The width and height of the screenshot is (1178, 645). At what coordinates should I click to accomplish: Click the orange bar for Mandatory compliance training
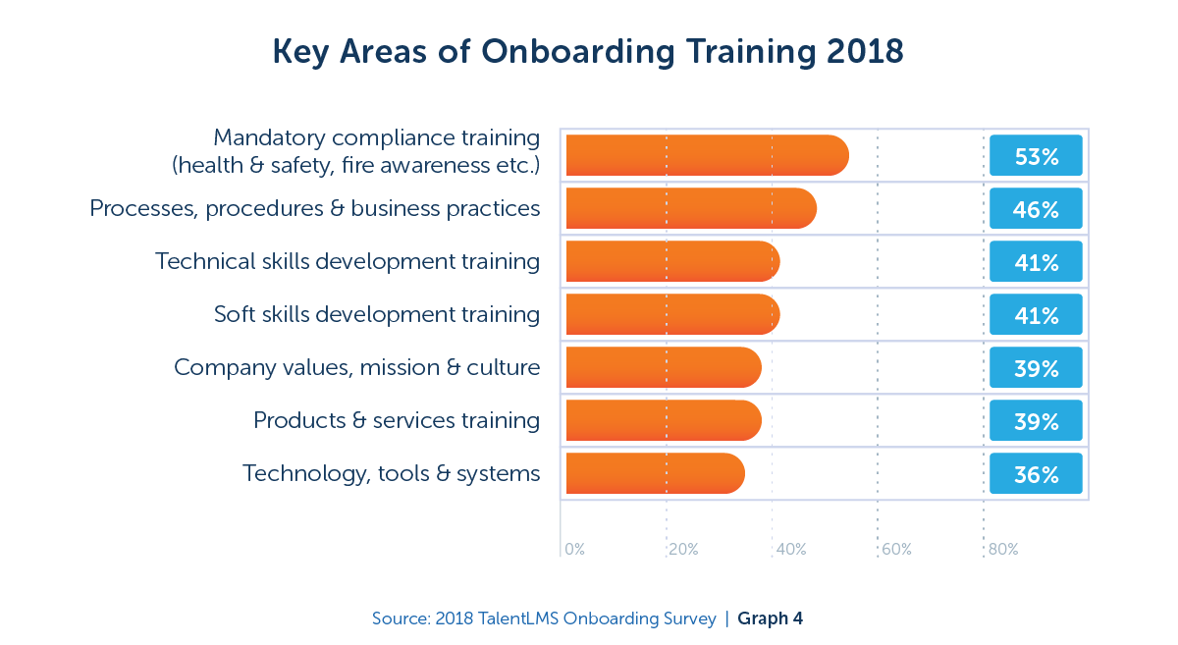click(x=707, y=155)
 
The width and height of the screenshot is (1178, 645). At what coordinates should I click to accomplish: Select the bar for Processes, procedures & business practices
click(x=690, y=208)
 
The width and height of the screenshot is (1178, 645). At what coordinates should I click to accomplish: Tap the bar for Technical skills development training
click(x=672, y=261)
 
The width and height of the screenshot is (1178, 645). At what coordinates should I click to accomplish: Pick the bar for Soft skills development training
click(x=672, y=314)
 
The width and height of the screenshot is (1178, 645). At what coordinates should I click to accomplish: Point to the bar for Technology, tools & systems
click(x=655, y=473)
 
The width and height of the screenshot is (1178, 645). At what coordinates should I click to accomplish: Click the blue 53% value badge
click(x=1036, y=155)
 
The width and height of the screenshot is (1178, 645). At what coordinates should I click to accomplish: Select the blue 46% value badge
click(x=1036, y=208)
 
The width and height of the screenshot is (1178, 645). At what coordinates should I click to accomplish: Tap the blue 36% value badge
click(x=1036, y=473)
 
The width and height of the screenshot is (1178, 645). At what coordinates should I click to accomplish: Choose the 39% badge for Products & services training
click(x=1036, y=420)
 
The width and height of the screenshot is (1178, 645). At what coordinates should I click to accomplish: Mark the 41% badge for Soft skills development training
click(x=1036, y=314)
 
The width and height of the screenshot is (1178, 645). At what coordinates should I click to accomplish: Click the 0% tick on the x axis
click(x=574, y=550)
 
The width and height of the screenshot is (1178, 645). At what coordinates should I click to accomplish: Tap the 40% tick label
click(x=790, y=550)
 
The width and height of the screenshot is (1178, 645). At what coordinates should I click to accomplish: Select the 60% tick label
click(x=896, y=550)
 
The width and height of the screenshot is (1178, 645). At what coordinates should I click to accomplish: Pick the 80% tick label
click(x=1002, y=550)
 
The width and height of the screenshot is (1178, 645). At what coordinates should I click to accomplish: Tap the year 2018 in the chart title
click(x=861, y=52)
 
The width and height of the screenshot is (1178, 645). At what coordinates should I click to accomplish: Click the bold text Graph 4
click(x=771, y=618)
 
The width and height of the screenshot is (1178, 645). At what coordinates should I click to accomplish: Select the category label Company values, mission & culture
click(x=357, y=367)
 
